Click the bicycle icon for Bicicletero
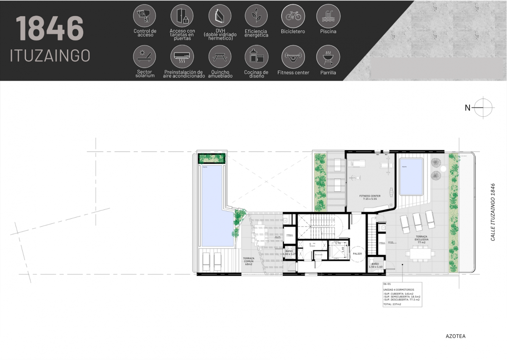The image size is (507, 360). pyautogui.click(x=293, y=16)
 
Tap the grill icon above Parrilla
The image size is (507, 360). pyautogui.click(x=328, y=57)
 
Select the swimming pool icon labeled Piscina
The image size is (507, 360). pyautogui.click(x=328, y=16)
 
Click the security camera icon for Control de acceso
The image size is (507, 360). pyautogui.click(x=145, y=16)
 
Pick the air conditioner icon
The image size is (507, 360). pyautogui.click(x=182, y=57)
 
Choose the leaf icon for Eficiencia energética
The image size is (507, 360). pyautogui.click(x=256, y=16)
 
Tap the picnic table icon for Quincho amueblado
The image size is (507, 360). pyautogui.click(x=220, y=57)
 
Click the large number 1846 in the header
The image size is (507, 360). pyautogui.click(x=50, y=28)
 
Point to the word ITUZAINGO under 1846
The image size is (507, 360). pyautogui.click(x=50, y=55)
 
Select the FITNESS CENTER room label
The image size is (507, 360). pyautogui.click(x=370, y=197)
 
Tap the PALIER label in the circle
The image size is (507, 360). pyautogui.click(x=357, y=254)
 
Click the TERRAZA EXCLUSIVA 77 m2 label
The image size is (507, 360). pyautogui.click(x=421, y=239)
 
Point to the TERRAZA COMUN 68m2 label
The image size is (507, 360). pyautogui.click(x=249, y=261)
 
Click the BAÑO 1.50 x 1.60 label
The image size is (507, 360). pyautogui.click(x=375, y=265)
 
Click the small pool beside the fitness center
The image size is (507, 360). pyautogui.click(x=411, y=176)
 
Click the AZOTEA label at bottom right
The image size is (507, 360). pyautogui.click(x=456, y=336)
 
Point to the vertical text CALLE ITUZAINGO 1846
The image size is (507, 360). pyautogui.click(x=493, y=212)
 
